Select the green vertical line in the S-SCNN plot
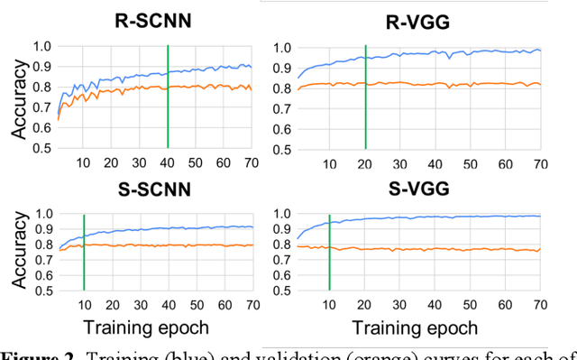point(83,252)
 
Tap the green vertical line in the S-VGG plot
point(330,252)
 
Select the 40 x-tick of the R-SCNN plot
point(169,162)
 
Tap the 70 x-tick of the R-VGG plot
point(539,162)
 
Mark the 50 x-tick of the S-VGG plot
point(469,303)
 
